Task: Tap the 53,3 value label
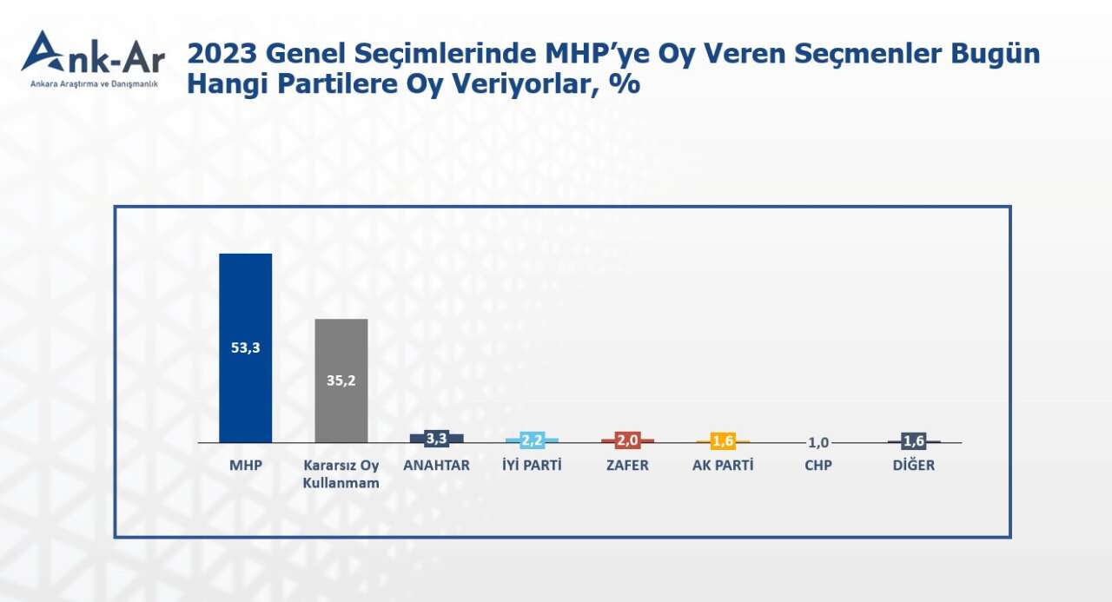coord(245,348)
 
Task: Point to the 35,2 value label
coord(341,380)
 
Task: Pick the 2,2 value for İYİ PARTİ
coord(532,440)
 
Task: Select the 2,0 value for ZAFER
coord(627,440)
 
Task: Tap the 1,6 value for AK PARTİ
coord(723,441)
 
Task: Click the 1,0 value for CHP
coord(818,442)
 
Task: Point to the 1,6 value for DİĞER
coord(914,441)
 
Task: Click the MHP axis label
coord(245,466)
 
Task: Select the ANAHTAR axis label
coord(436,466)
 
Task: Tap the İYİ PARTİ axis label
coord(532,466)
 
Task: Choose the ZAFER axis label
coord(627,466)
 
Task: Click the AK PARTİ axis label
coord(723,466)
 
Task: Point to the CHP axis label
coord(818,466)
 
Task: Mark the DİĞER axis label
coord(914,466)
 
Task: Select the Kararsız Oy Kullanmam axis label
coord(341,474)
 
